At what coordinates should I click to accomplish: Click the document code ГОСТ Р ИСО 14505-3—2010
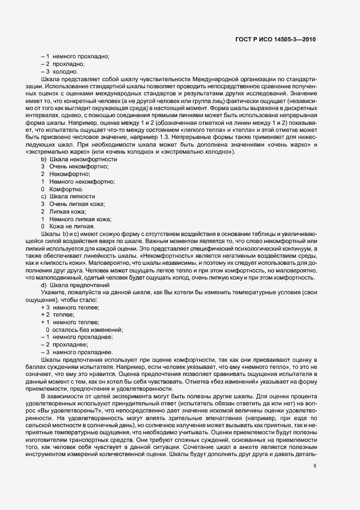coord(277,39)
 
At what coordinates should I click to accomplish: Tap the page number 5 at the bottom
coord(315,435)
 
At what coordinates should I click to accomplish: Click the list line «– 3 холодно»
coord(62,72)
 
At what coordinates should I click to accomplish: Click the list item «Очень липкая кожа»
coord(73,203)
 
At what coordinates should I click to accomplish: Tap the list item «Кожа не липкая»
coord(68,226)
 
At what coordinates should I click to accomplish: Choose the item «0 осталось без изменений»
coord(84,330)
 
